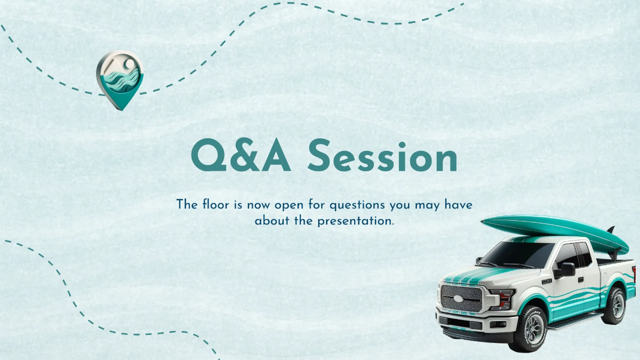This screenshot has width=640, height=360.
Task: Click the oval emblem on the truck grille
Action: point(457,298)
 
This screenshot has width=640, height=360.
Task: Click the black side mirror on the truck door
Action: point(566,269)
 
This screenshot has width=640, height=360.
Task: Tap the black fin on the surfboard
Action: point(610,230)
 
